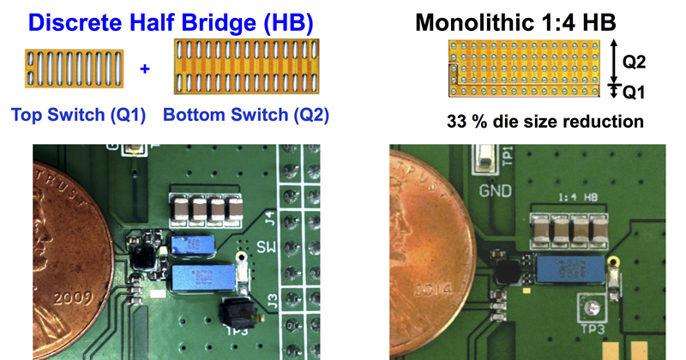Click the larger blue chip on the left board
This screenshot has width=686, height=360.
[x=202, y=277]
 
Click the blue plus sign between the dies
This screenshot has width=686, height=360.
[x=144, y=67]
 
